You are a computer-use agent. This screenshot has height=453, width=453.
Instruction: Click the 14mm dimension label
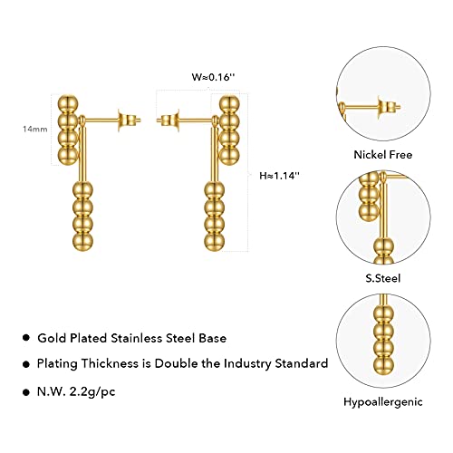point(35,130)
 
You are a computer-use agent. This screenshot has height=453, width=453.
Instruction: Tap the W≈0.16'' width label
point(213,77)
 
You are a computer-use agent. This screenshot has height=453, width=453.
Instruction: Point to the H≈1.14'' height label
point(279,176)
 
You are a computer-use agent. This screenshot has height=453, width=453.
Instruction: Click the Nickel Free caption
point(383,155)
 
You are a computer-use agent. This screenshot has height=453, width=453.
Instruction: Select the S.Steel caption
point(383,278)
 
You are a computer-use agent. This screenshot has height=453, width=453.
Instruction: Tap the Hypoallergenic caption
point(383,402)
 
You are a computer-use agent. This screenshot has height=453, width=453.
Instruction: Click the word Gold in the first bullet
point(52,338)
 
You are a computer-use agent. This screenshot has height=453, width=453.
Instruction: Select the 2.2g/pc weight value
point(92,392)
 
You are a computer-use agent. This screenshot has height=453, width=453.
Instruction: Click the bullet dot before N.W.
point(26,392)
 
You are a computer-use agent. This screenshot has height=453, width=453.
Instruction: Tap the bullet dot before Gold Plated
point(26,338)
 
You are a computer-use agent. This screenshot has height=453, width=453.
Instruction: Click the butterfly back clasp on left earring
point(126,120)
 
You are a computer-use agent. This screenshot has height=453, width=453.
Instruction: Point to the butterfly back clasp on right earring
point(169,120)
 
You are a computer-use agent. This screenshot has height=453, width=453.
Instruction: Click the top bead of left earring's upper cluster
point(68,104)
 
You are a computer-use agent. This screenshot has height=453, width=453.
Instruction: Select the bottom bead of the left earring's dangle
point(82,241)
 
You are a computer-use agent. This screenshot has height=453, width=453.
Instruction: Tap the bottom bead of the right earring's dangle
point(215,242)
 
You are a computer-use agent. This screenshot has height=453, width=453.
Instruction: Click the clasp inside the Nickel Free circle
point(388,107)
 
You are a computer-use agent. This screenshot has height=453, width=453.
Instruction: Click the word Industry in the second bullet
point(247,363)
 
